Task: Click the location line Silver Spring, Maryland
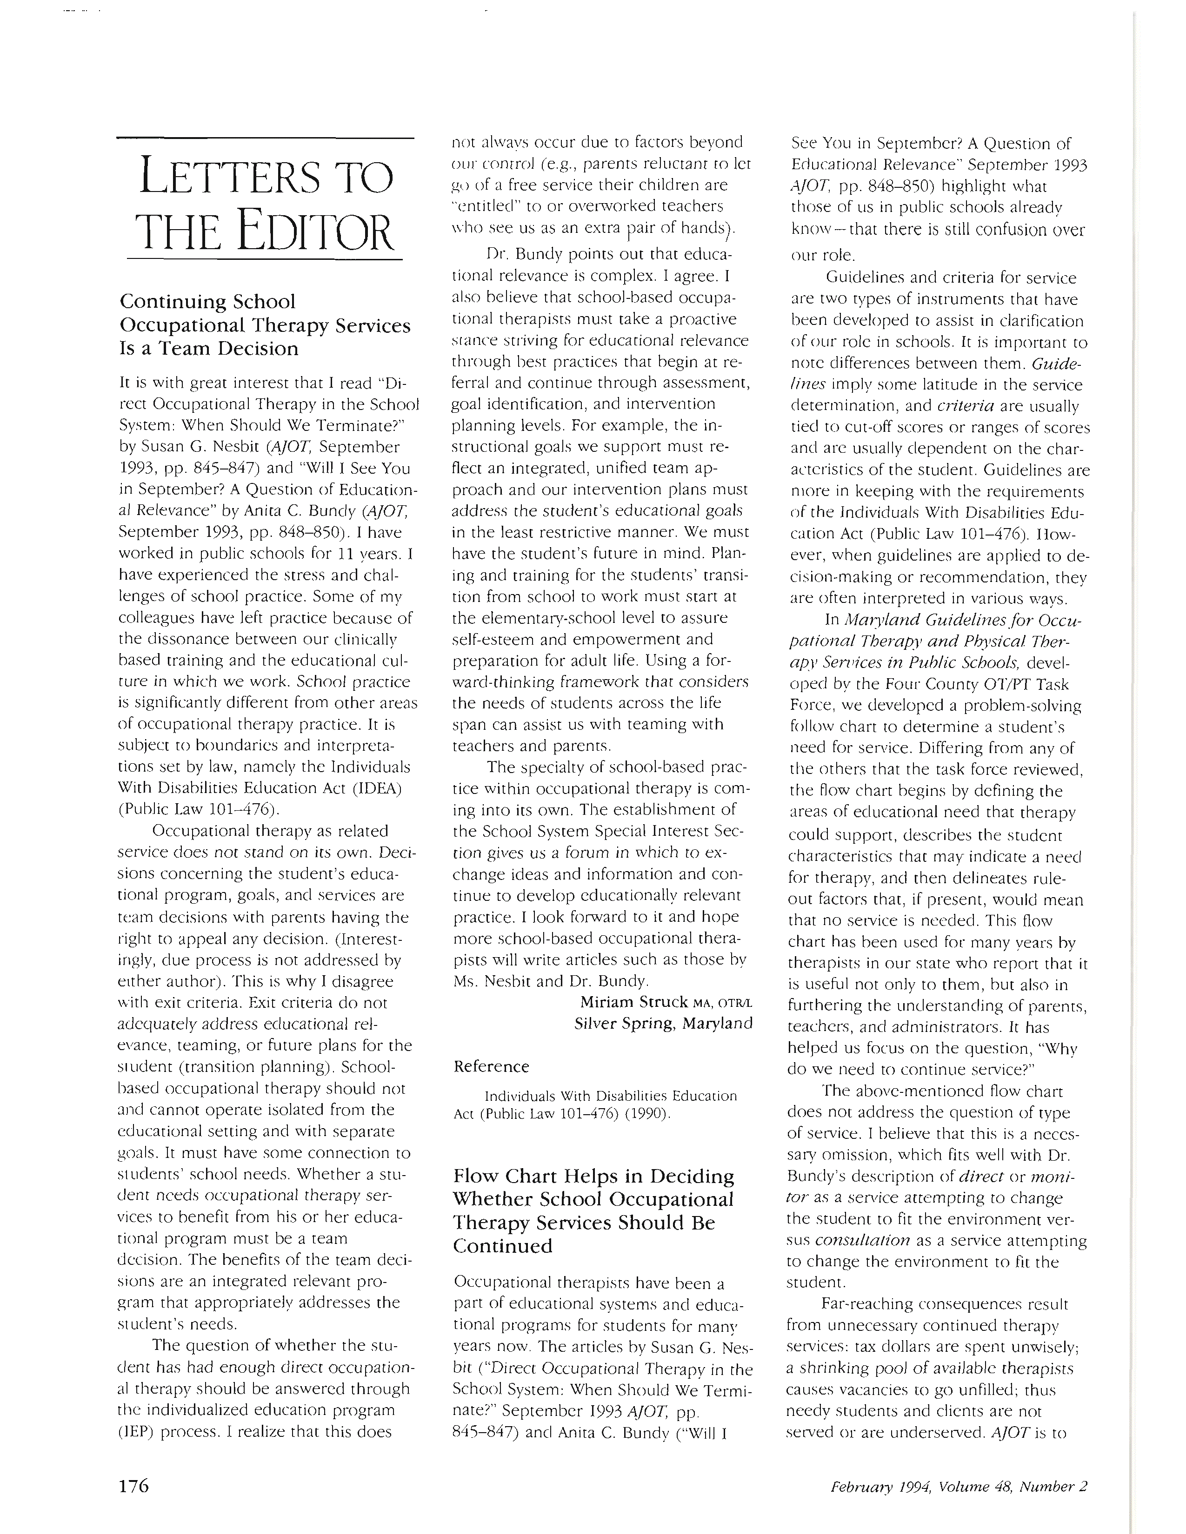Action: pyautogui.click(x=663, y=1024)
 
